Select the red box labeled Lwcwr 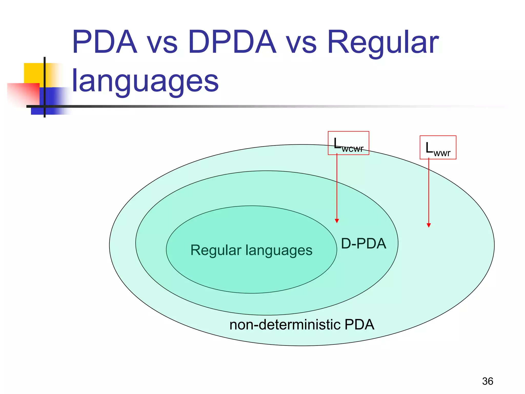point(348,143)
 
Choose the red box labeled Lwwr point(438,147)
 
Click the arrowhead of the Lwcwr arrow point(337,221)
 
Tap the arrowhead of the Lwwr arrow point(429,225)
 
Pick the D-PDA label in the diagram point(364,244)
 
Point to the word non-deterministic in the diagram point(285,325)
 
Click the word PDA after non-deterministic point(359,325)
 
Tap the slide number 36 point(488,381)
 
